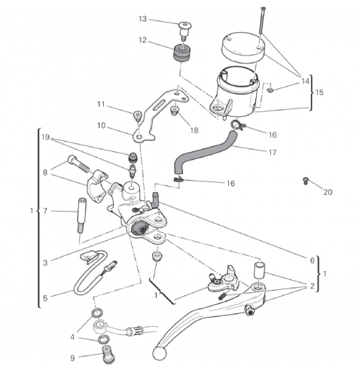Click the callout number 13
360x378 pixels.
point(142,19)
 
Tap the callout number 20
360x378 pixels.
point(328,192)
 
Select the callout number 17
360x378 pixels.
point(273,152)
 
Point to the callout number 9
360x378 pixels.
point(72,358)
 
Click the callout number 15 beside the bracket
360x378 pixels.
point(319,92)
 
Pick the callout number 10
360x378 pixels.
point(101,126)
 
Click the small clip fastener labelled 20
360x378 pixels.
point(305,181)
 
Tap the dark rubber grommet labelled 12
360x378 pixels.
point(183,52)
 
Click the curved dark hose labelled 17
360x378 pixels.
point(206,150)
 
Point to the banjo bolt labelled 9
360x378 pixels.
point(108,355)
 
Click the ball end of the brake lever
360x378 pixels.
point(159,353)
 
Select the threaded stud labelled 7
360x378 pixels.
point(81,215)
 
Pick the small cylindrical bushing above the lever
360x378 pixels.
point(260,270)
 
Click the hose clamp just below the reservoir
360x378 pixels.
point(236,124)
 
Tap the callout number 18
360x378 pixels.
point(194,130)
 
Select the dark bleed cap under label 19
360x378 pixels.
point(133,157)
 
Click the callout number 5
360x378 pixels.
point(45,298)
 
